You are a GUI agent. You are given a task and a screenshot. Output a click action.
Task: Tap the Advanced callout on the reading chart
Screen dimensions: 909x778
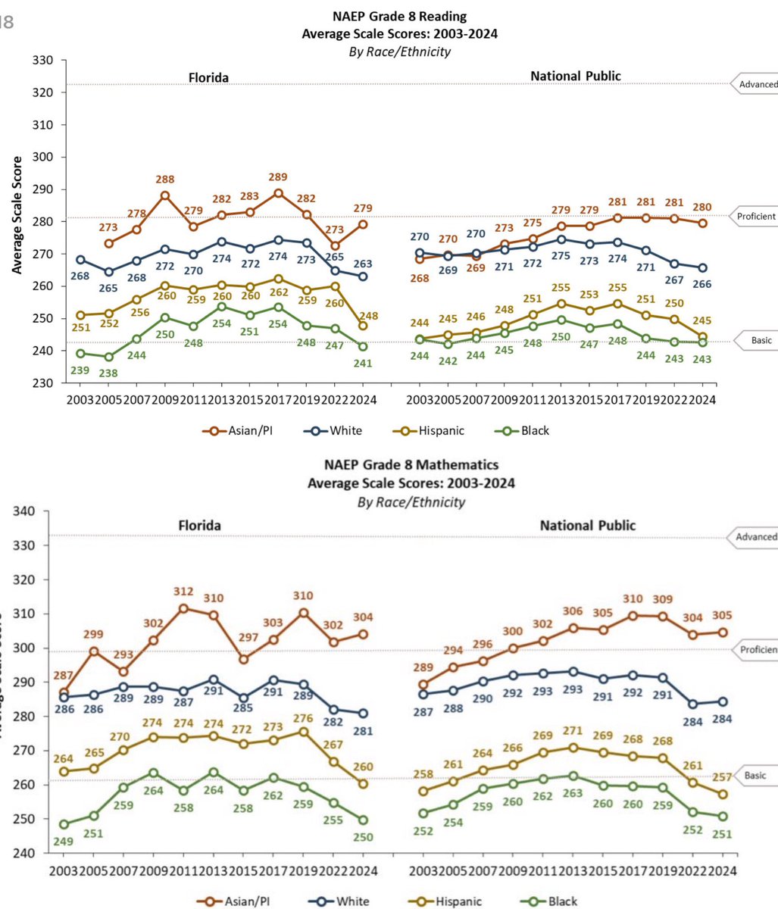[753, 83]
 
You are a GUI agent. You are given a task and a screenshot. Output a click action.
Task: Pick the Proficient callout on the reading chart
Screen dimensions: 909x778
[755, 217]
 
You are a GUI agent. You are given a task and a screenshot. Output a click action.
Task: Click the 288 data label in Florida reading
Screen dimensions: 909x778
[165, 180]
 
